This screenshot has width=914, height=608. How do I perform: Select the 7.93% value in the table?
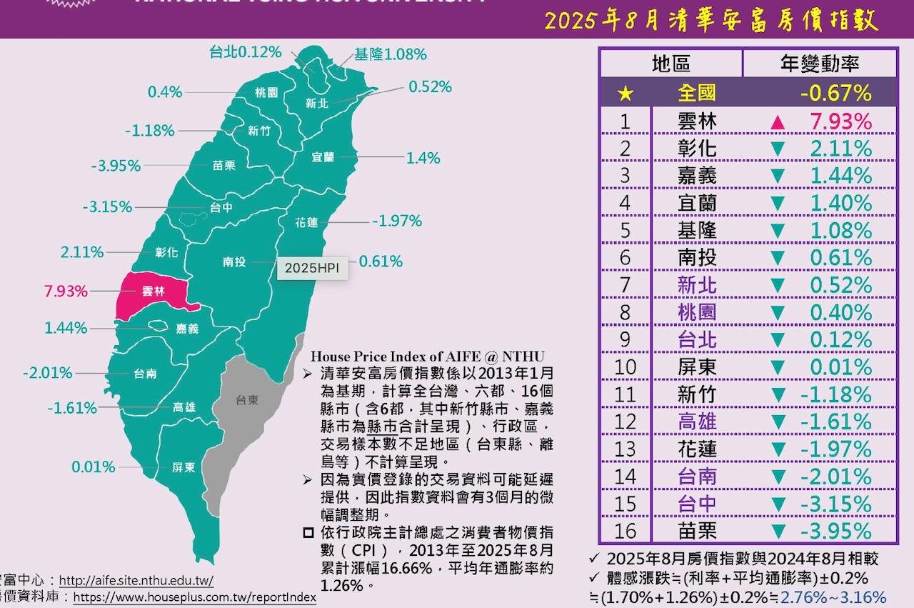(x=840, y=121)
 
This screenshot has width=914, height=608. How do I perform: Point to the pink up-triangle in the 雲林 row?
(x=778, y=122)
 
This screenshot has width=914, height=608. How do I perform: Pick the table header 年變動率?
(x=819, y=64)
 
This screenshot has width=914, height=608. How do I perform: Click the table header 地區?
(x=671, y=64)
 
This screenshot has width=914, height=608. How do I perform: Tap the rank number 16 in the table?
(x=625, y=531)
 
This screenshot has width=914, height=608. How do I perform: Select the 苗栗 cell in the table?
(x=696, y=531)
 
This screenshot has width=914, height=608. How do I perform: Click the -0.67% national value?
(x=835, y=93)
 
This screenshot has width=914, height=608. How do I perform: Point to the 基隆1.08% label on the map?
(x=391, y=54)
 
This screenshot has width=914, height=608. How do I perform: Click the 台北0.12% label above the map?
(x=245, y=52)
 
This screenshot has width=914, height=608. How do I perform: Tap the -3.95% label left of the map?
(x=116, y=166)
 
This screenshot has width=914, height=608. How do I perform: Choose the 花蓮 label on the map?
(x=306, y=222)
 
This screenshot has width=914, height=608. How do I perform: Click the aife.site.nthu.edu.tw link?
(x=136, y=581)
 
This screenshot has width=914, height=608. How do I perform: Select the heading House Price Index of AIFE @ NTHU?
(x=428, y=356)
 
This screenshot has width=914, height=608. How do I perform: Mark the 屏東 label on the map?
(x=184, y=468)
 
